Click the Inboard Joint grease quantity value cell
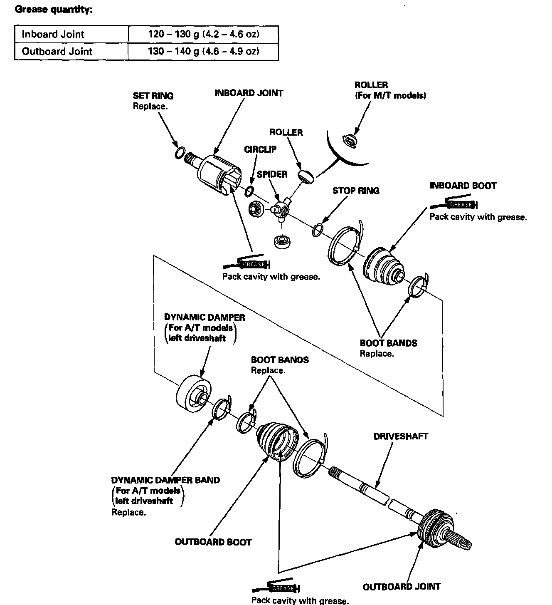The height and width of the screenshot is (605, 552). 203,34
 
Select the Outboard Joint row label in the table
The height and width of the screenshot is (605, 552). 57,52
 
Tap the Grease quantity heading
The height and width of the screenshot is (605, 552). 53,10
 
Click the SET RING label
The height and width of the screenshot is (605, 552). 153,96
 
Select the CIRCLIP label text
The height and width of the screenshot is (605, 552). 260,149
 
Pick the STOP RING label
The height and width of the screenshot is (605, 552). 356,191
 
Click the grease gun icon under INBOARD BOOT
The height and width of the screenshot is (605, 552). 454,205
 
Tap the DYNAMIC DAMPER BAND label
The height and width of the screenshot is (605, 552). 165,480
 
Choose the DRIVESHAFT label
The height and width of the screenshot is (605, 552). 401,436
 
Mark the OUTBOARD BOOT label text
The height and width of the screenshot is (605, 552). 213,542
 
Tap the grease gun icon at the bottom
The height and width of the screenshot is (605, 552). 276,588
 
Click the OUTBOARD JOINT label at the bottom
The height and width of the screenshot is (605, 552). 402,587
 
